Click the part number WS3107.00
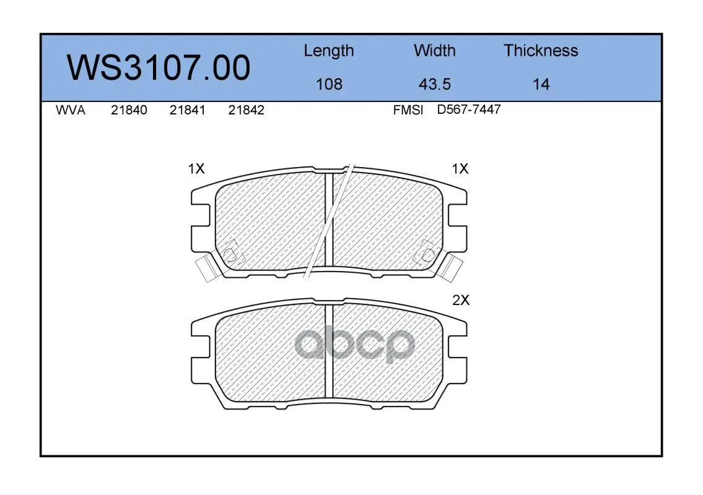[159, 67]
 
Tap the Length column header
[329, 51]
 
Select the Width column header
[434, 50]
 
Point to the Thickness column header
[541, 50]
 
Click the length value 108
[329, 84]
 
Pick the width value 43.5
[434, 84]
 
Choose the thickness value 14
[541, 84]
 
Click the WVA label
[71, 110]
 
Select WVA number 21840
[129, 110]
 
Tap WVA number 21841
[188, 110]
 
